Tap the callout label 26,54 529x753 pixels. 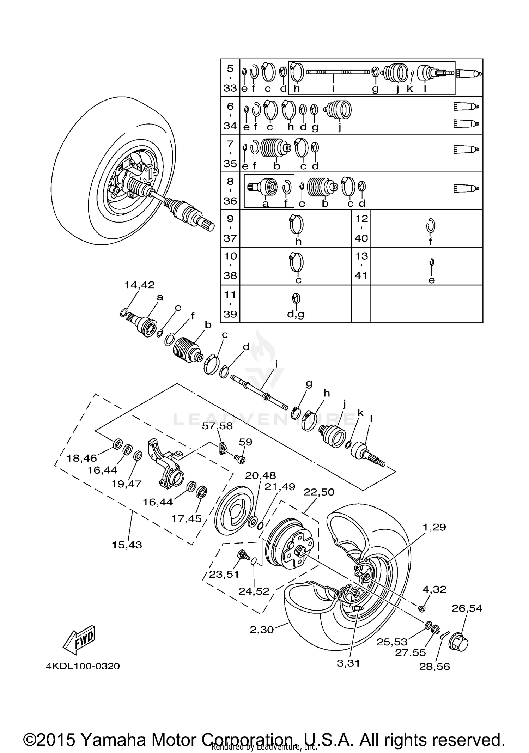(467, 608)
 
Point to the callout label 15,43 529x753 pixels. (127, 545)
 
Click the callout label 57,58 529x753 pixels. (217, 426)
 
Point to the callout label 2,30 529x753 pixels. (262, 630)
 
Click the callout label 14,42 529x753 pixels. (139, 285)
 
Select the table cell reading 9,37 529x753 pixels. (230, 229)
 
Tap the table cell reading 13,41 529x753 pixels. (361, 266)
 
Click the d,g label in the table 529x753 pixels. (296, 314)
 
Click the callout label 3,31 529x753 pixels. (348, 663)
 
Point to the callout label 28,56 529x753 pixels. (434, 667)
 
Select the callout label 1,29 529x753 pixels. (434, 527)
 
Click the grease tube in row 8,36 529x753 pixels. (466, 188)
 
